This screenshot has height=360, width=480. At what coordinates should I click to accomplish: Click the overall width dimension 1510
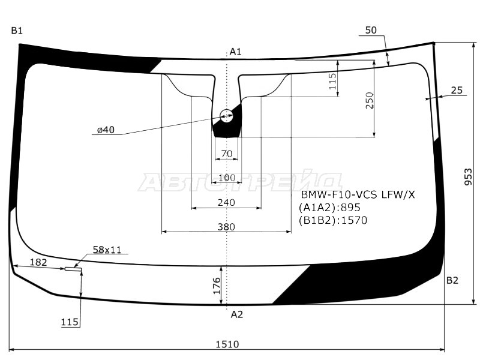point(226,344)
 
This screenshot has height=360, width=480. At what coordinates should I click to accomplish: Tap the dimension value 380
point(226,227)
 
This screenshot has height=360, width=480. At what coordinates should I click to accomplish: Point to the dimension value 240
point(226,203)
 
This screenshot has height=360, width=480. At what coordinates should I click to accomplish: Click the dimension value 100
point(226,178)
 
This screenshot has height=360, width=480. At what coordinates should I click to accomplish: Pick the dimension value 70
point(226,154)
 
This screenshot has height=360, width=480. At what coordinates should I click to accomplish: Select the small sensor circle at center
point(227,116)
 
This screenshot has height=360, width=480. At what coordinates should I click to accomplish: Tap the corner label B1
point(16,31)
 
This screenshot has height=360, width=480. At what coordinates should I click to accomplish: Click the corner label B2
point(452,280)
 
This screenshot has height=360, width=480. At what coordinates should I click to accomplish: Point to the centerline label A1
point(236,52)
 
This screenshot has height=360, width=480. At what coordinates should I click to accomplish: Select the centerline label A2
point(237,314)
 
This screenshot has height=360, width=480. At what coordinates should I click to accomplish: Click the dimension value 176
point(217,284)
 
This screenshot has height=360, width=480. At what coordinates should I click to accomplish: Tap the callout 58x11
point(107,249)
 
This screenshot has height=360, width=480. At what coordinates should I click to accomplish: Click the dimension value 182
point(38,262)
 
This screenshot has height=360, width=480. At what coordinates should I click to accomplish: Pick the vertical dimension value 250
point(370,100)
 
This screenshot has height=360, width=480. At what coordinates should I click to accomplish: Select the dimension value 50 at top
point(371,30)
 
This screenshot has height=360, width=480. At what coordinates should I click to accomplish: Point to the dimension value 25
point(456,90)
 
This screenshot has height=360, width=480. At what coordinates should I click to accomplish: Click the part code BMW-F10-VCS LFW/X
point(358,195)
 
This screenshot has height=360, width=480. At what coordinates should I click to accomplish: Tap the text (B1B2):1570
point(332,220)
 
